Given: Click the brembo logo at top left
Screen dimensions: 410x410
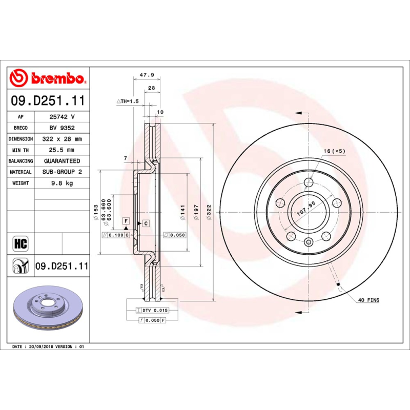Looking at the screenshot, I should tap(48, 78).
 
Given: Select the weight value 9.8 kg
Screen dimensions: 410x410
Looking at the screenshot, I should tap(62, 183).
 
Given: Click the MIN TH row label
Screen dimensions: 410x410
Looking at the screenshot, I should tap(20, 150).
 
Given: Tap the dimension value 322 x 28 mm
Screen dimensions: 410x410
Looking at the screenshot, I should tap(62, 139).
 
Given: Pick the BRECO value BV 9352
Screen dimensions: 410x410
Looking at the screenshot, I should tap(62, 128).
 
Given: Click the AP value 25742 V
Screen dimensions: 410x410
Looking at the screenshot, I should tap(62, 117).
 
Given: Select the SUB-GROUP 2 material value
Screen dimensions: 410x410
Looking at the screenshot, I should tap(62, 172).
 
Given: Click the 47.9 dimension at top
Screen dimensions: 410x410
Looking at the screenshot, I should tap(147, 75).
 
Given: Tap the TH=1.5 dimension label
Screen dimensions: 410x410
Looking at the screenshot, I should tap(128, 101).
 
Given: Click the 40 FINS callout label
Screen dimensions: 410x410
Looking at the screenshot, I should tap(369, 300).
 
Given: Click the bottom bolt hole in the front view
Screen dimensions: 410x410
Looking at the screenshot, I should tap(308, 242).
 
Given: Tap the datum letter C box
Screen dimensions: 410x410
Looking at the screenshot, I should tap(146, 223).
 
